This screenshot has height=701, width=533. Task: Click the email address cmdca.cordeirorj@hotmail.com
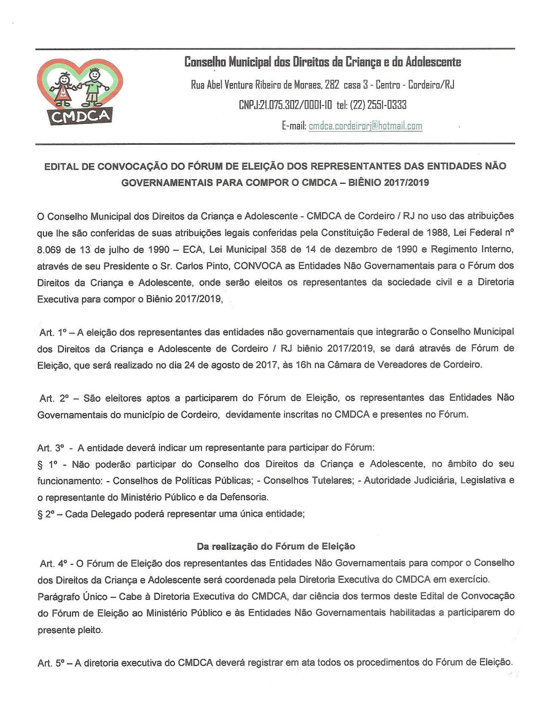[365, 126]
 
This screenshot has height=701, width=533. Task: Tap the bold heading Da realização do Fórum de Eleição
[275, 546]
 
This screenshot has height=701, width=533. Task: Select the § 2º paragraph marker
[45, 514]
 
